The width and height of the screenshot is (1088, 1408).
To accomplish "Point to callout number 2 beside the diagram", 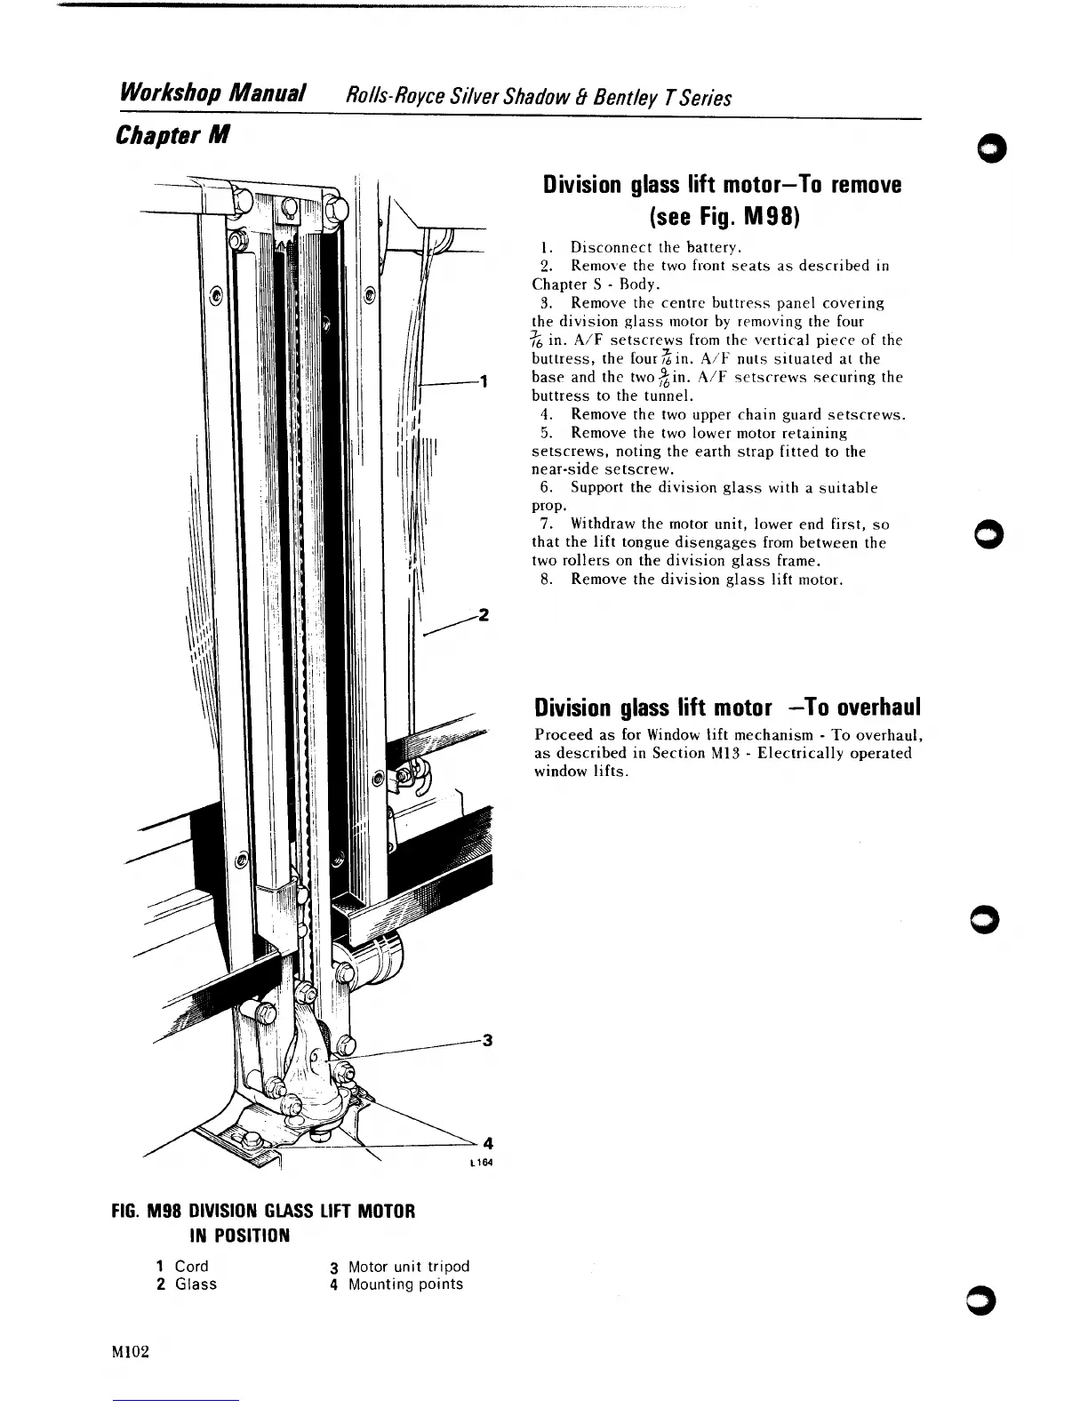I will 484,615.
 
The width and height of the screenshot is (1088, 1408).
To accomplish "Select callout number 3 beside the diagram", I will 486,1041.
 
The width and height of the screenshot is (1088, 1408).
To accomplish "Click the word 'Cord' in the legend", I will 191,1266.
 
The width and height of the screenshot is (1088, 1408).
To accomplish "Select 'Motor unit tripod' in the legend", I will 408,1266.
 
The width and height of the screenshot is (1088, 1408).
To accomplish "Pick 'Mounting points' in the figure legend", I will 405,1284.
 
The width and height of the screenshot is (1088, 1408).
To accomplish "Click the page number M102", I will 131,1352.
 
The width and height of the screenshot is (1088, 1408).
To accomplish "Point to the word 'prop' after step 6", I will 548,506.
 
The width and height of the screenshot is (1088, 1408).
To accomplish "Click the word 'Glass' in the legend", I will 196,1284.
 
